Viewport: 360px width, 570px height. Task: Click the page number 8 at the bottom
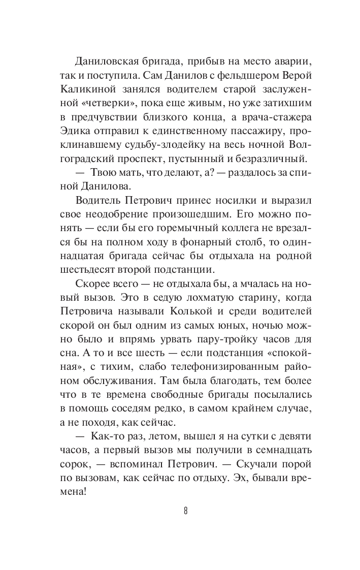186,510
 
